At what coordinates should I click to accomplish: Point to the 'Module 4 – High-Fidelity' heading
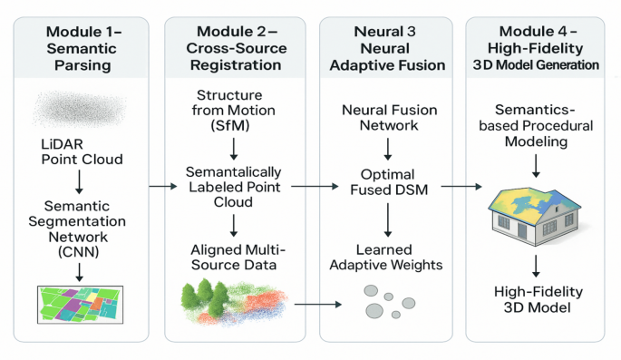point(539,42)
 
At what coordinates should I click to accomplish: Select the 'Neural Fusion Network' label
point(389,117)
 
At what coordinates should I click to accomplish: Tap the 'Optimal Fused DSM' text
point(389,180)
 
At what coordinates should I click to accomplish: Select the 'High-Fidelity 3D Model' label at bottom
point(539,299)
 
